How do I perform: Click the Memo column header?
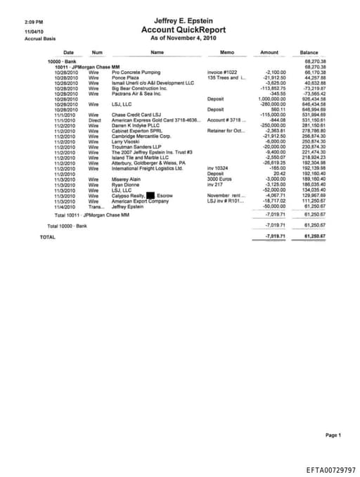click(x=226, y=53)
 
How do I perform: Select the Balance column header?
click(x=309, y=53)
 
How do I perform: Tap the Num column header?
click(x=97, y=53)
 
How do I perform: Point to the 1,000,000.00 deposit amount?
click(x=271, y=99)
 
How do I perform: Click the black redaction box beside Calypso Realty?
click(x=150, y=195)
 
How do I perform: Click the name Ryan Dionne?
click(x=126, y=184)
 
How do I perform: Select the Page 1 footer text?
click(x=333, y=435)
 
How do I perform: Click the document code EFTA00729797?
click(x=331, y=468)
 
